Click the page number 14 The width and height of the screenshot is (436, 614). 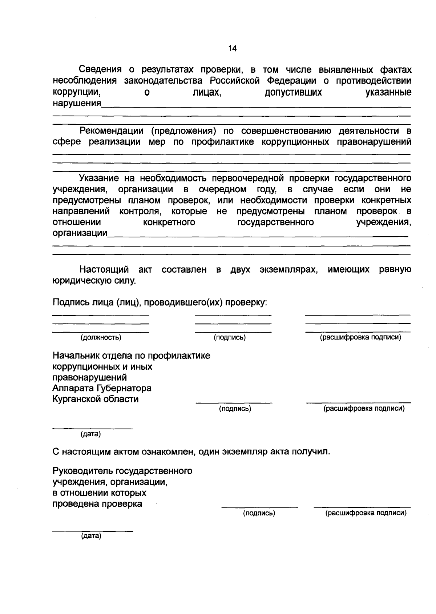click(x=233, y=49)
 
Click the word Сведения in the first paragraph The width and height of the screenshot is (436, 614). click(x=101, y=69)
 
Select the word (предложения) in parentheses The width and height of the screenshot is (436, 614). click(x=185, y=131)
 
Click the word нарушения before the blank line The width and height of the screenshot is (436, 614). click(x=77, y=103)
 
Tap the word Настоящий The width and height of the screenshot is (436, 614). click(x=104, y=269)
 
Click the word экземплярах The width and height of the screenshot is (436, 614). click(x=288, y=270)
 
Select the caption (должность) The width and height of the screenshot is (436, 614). click(x=101, y=338)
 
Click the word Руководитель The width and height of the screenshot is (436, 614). click(x=83, y=471)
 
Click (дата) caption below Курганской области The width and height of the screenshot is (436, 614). click(x=90, y=434)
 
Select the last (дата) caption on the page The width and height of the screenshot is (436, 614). click(x=91, y=536)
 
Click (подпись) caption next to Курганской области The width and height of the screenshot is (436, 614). click(x=235, y=409)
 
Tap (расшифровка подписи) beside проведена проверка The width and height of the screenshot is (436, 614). click(x=366, y=513)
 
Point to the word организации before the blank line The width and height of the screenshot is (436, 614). click(x=80, y=233)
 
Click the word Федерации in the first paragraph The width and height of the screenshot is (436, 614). click(x=290, y=81)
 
